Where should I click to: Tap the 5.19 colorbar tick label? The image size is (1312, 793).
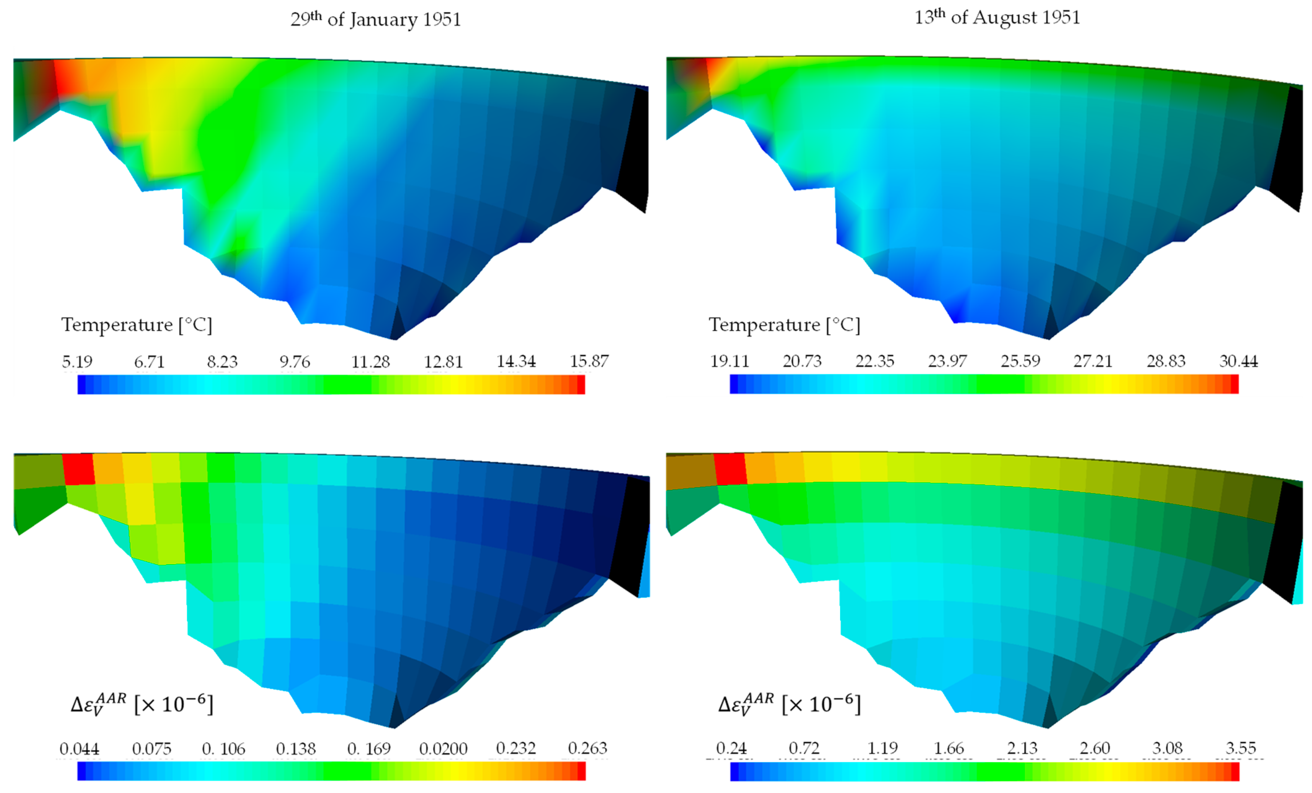pos(77,361)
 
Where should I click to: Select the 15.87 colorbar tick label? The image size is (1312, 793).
pos(589,361)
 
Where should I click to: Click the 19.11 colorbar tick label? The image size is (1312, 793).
pos(729,361)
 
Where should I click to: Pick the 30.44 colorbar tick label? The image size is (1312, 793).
pos(1239,361)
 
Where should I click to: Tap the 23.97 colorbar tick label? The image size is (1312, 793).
pos(947,361)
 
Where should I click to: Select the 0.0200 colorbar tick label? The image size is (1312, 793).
pos(443,749)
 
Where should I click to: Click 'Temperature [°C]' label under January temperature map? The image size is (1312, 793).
pos(137,325)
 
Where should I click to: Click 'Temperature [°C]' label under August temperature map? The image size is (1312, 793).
pos(784,325)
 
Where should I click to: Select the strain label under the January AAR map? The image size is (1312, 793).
pos(142,704)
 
